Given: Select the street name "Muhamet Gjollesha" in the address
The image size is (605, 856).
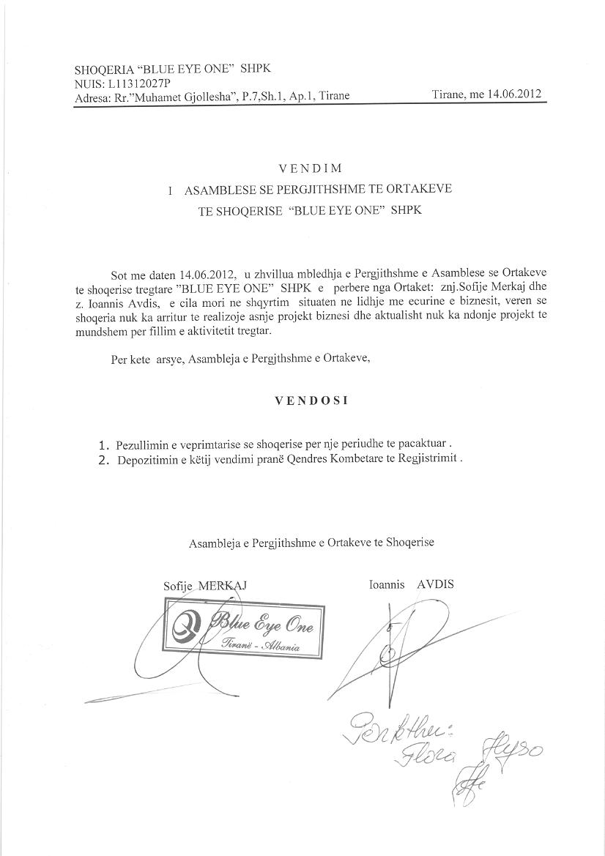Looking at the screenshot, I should tap(181, 96).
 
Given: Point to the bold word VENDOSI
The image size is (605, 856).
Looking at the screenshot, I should tap(311, 401).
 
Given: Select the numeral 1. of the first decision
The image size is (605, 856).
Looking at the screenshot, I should tap(104, 444).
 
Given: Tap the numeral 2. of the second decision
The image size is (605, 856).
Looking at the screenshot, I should tap(104, 460).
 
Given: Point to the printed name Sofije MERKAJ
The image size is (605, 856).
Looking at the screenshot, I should tap(206, 586).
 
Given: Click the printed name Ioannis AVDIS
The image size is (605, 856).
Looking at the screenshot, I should tap(412, 584).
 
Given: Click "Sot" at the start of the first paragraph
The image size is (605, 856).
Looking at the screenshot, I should tap(119, 275).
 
